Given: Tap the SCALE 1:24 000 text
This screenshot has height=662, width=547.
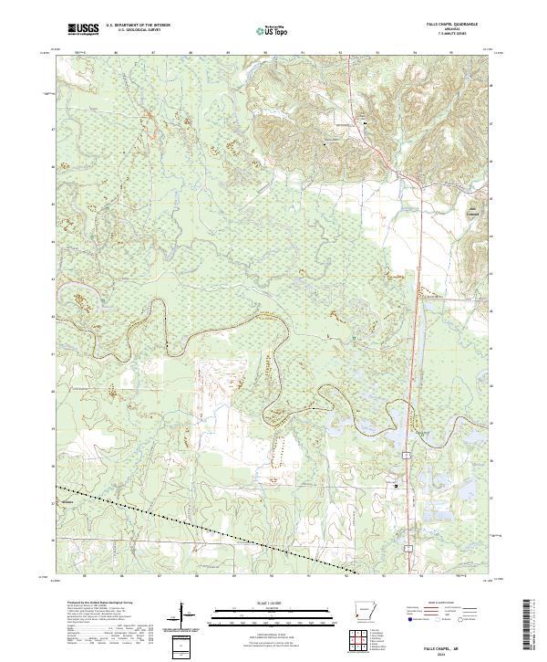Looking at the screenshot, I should [273, 604].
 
